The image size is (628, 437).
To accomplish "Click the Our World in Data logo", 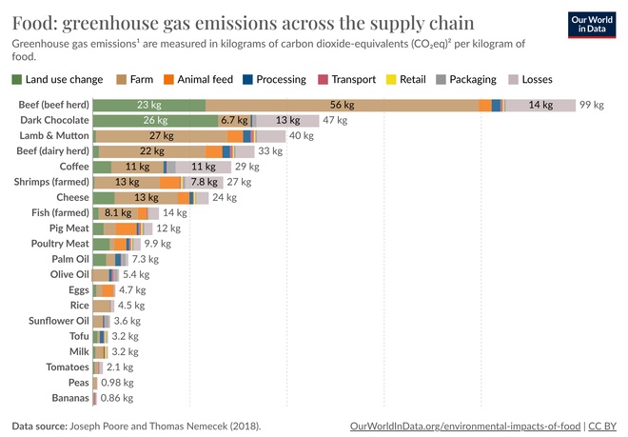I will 593,25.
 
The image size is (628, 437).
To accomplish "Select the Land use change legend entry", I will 58,80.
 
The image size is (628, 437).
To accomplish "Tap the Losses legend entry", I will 529,80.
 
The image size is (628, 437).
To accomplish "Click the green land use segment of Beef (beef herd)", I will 148,105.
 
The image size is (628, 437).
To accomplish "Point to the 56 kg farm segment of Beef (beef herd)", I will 342,105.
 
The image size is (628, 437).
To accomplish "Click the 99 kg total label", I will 592,105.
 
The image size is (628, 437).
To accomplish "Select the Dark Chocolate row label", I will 54,121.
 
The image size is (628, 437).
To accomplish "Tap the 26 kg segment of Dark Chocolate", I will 155,121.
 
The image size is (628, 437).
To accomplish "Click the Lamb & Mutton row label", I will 54,136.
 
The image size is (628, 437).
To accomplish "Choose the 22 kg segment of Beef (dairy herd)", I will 152,151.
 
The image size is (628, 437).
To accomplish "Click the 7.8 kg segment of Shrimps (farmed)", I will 203,182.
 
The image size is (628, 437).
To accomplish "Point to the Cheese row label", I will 70,198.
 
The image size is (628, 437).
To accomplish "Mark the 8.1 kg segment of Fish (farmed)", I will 118,213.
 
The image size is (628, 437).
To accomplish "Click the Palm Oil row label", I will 69,259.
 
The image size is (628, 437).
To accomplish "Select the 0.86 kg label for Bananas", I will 117,398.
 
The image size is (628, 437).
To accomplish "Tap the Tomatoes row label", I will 67,367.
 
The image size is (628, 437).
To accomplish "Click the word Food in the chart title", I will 34,21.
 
